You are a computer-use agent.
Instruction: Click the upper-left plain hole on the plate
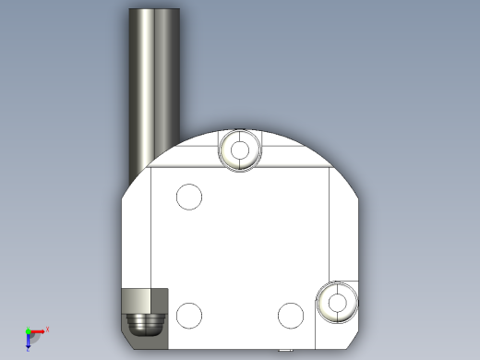188,197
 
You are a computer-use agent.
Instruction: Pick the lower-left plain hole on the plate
188,315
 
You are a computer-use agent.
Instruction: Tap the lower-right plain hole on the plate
290,315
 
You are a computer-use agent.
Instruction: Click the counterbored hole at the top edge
241,150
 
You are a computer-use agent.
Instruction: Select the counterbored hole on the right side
336,302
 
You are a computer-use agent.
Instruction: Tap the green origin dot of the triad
28,330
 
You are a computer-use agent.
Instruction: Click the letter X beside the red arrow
47,329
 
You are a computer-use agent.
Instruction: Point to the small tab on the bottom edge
283,349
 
